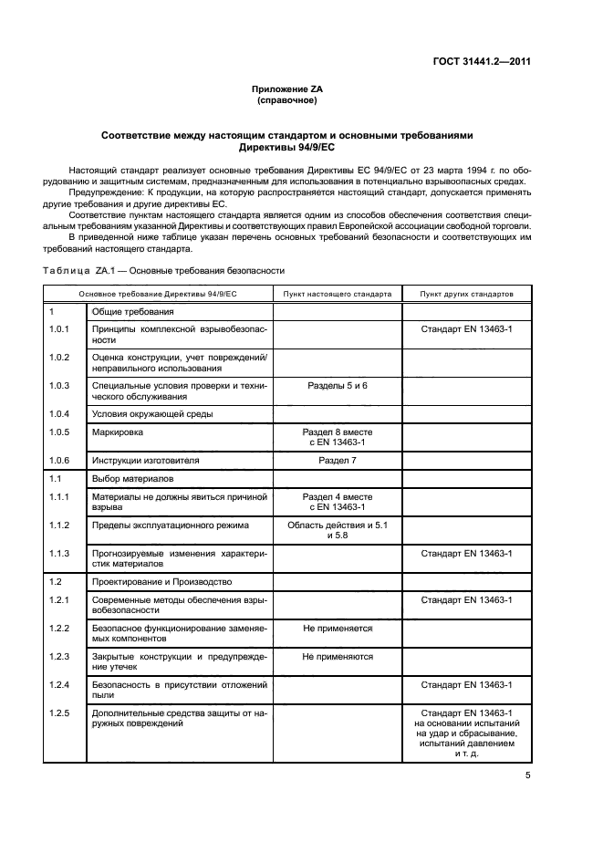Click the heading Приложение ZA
(x=287, y=88)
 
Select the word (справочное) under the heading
(x=287, y=100)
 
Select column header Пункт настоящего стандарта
(x=337, y=295)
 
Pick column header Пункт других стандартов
(x=466, y=295)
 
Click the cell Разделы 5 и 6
(x=337, y=386)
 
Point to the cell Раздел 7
(x=337, y=461)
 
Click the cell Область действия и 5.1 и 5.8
(x=337, y=530)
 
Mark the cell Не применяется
(x=337, y=629)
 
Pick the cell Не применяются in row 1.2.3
(x=337, y=656)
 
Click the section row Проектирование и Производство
(x=161, y=581)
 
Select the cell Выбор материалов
(x=133, y=478)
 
